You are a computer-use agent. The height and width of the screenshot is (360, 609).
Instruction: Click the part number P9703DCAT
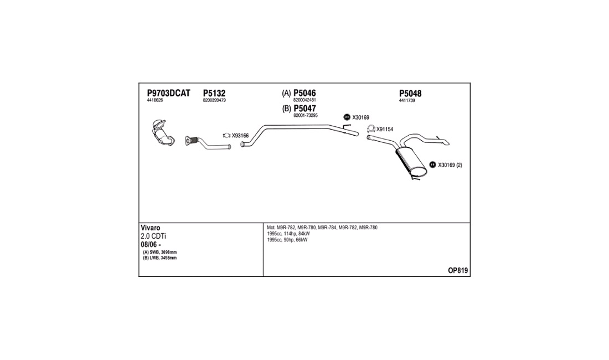tap(168, 93)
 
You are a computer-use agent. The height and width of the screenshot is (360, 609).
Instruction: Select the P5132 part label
tap(214, 93)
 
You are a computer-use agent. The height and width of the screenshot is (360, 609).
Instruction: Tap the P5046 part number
tap(304, 93)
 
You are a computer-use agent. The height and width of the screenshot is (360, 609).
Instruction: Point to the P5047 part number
tap(304, 109)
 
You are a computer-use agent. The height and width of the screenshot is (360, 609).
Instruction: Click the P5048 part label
tap(410, 93)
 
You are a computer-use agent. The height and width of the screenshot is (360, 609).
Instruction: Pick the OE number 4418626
tap(155, 100)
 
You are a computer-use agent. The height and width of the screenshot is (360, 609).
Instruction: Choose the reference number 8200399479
tap(214, 100)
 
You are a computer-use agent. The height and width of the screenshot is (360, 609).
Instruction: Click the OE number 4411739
tap(407, 100)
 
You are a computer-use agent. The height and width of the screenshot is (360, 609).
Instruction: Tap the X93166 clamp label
tap(240, 136)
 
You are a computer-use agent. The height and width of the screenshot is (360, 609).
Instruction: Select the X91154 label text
tap(385, 129)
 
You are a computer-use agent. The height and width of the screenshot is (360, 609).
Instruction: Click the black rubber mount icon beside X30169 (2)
tap(433, 164)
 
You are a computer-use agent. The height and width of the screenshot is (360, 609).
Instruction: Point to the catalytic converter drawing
tap(163, 132)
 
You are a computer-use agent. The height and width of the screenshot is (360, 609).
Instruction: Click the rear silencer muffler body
tap(411, 162)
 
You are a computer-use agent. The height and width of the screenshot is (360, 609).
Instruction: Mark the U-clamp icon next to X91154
tap(371, 128)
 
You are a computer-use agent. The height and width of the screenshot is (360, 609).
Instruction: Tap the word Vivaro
tap(150, 228)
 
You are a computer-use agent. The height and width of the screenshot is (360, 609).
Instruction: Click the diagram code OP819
tap(458, 271)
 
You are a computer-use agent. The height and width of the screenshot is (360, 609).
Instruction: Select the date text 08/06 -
tap(151, 245)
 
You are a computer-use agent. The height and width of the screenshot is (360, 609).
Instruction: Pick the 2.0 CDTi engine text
tap(153, 236)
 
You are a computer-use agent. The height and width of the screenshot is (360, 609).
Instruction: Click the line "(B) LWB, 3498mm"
tap(159, 258)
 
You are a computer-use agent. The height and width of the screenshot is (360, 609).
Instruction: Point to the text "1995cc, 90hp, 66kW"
tap(287, 240)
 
